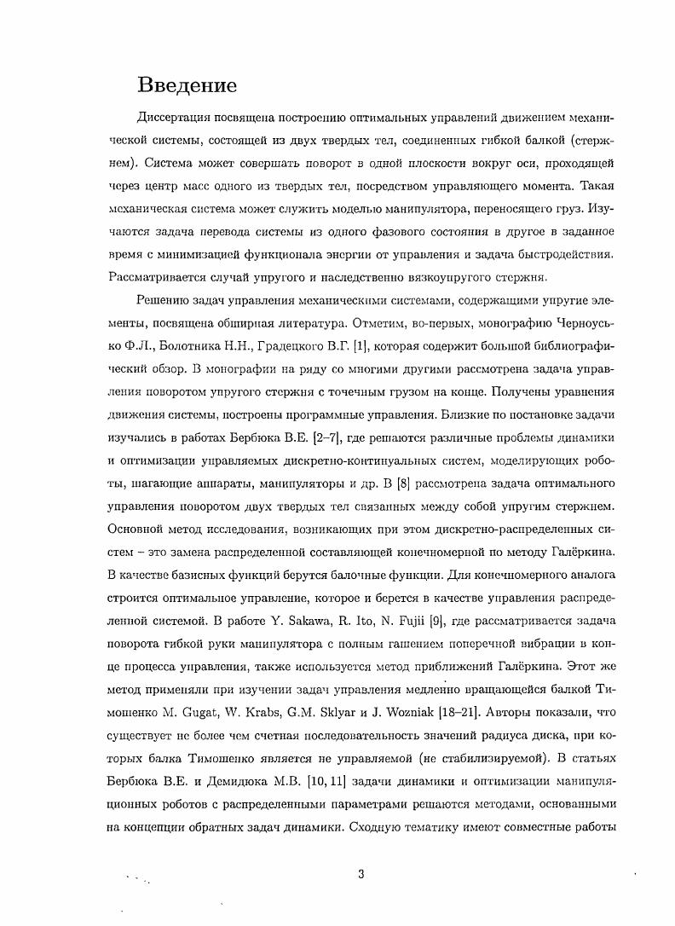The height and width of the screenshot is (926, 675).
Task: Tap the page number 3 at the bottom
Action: [361, 873]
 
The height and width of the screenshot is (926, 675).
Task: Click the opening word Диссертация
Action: [175, 117]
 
